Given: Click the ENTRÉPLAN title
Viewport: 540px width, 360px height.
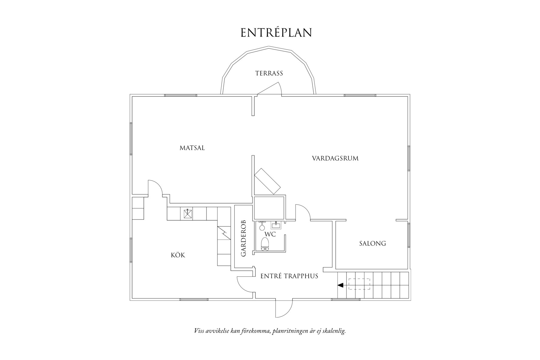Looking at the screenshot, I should coord(276,33).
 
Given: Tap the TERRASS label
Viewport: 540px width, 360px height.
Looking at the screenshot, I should coord(269,73).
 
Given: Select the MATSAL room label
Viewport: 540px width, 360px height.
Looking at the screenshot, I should coord(192,148).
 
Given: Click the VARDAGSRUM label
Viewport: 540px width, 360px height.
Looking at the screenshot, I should coord(335,158).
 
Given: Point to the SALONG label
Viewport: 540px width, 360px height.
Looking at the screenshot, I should coord(372,244).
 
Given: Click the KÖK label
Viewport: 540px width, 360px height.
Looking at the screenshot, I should coord(178,255).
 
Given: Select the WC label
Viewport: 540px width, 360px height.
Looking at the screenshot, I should coord(270,234).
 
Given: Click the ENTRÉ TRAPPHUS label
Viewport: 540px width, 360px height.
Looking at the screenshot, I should coord(289,276).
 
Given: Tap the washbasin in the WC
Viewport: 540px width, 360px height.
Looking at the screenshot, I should coord(276,225).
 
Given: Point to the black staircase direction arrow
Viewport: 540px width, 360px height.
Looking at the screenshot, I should coord(341,285).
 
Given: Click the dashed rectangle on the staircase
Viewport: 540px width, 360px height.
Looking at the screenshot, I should coord(359,284).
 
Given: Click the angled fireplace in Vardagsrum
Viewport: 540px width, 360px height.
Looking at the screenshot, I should coord(268,181).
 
